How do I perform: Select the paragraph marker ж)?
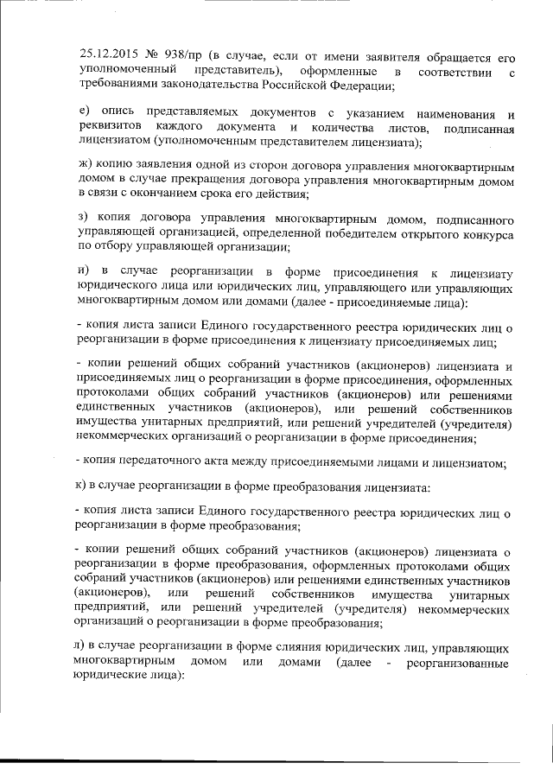pyautogui.click(x=86, y=165)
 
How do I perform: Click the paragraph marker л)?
pyautogui.click(x=84, y=646)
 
